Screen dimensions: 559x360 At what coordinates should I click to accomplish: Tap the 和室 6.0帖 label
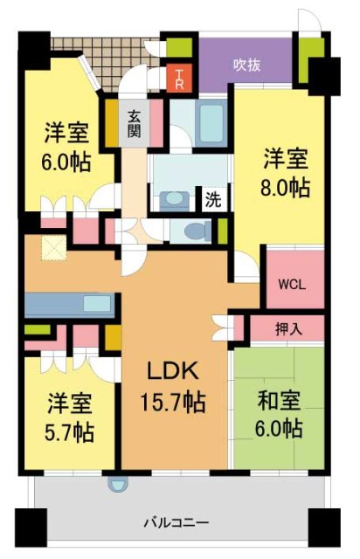tap(280, 415)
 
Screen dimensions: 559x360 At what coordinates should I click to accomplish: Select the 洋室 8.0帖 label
tap(286, 172)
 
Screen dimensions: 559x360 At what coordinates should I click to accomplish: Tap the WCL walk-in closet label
tap(291, 284)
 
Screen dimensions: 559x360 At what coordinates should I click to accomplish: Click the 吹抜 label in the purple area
tap(246, 64)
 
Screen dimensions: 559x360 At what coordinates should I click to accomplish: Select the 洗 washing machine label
tap(212, 199)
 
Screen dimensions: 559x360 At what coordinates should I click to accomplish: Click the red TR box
tap(178, 77)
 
